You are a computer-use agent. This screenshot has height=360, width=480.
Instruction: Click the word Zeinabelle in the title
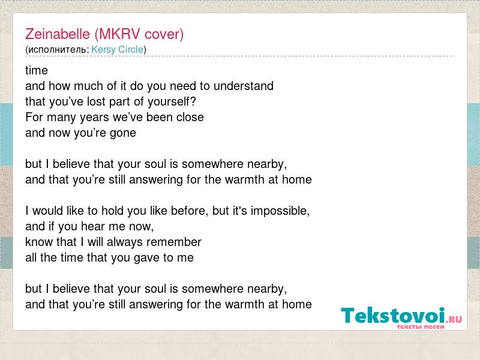pyautogui.click(x=58, y=34)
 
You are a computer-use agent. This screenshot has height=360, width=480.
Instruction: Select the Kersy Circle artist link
pyautogui.click(x=117, y=50)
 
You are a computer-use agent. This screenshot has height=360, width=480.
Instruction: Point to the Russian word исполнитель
pyautogui.click(x=58, y=50)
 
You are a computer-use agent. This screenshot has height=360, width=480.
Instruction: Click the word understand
pyautogui.click(x=244, y=86)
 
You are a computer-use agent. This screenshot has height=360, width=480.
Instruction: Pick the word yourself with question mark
pyautogui.click(x=172, y=102)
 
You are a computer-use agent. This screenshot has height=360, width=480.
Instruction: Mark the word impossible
pyautogui.click(x=280, y=211)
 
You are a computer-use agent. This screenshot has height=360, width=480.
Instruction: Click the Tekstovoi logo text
pyautogui.click(x=393, y=316)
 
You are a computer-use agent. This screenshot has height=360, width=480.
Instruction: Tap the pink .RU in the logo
pyautogui.click(x=454, y=319)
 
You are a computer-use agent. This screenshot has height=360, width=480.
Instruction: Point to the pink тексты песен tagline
pyautogui.click(x=421, y=326)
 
